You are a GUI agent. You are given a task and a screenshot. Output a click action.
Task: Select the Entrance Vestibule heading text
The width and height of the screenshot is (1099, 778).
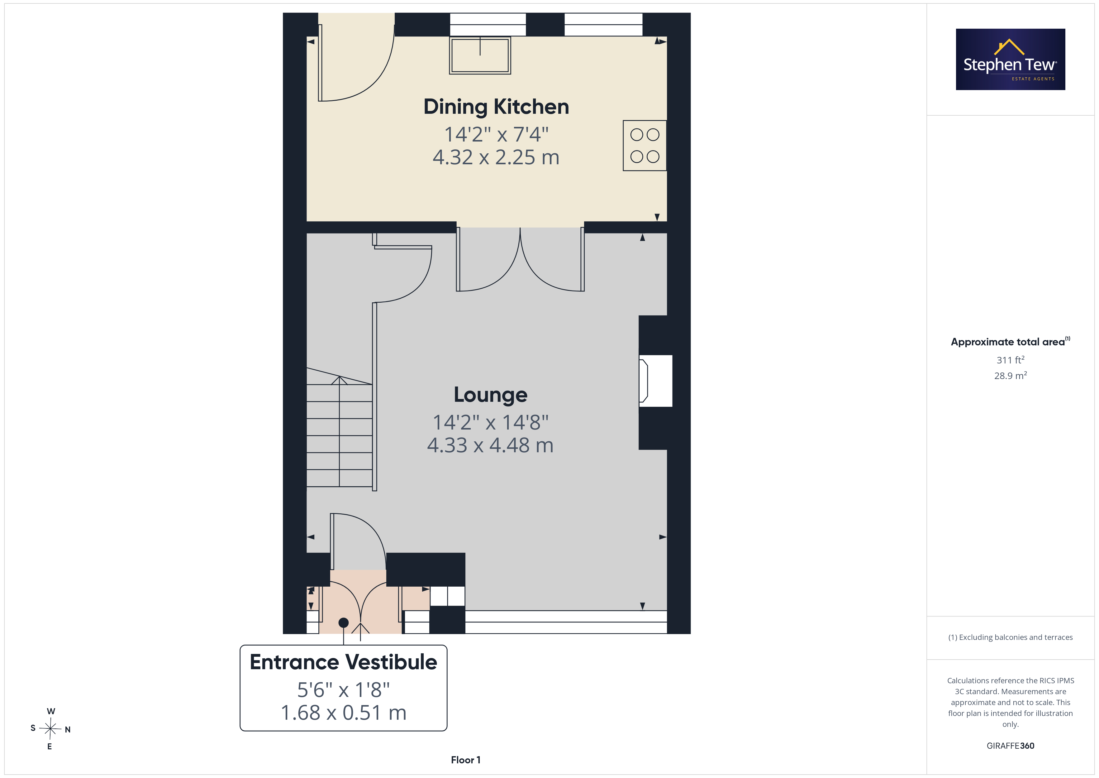(x=344, y=662)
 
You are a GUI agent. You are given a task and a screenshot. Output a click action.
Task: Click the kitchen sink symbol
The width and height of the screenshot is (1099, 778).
(x=480, y=55)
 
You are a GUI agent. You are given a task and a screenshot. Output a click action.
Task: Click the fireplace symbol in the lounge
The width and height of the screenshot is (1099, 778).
(x=655, y=381)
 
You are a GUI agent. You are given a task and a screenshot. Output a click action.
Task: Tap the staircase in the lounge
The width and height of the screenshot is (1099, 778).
(x=339, y=427)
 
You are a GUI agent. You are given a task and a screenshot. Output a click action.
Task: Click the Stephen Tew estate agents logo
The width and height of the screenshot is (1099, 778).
(x=1011, y=60)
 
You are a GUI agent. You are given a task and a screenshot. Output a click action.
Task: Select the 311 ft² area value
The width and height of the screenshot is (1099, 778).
(x=1011, y=360)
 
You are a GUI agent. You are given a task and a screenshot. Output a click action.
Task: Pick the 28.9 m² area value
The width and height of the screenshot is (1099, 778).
(x=1011, y=376)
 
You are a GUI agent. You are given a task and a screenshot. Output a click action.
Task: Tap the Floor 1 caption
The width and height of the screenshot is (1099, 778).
(x=466, y=760)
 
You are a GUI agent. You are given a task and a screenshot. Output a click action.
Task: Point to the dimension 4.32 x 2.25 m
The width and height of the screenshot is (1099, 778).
(x=496, y=157)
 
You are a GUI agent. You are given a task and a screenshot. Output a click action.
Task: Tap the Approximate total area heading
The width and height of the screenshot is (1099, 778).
(x=1011, y=342)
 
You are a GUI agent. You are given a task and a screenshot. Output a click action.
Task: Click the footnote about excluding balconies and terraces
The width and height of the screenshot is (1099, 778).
(x=1011, y=637)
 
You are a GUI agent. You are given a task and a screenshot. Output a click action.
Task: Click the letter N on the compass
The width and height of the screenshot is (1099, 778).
(x=68, y=730)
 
